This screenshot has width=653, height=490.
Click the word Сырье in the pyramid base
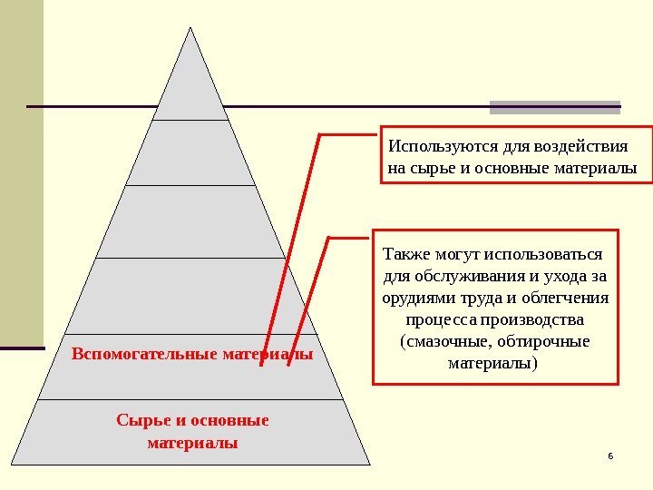(x=140, y=420)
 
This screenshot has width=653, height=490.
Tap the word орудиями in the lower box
(x=416, y=298)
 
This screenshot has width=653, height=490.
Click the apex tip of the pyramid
(x=190, y=28)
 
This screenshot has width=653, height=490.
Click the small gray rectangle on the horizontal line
(x=554, y=107)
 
